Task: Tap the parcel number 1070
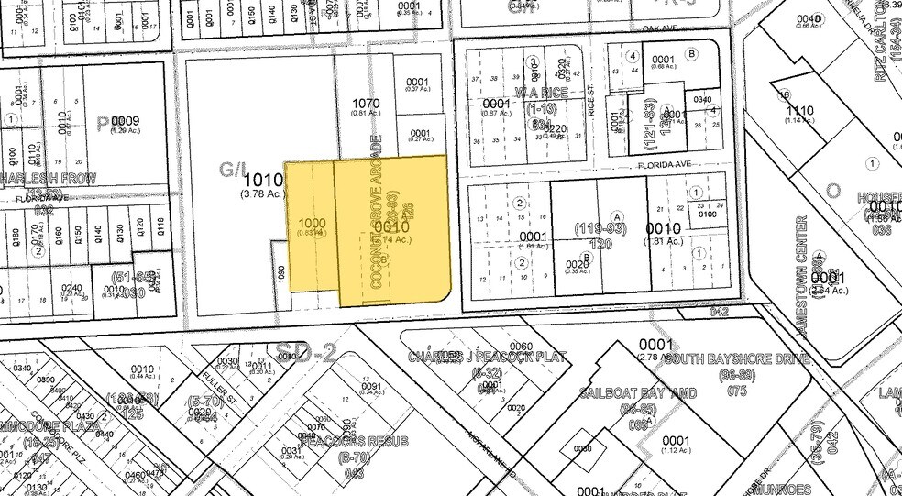366,104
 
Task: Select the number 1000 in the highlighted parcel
312,224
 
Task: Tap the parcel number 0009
125,120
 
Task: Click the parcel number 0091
370,387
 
